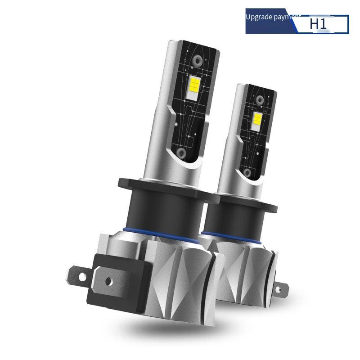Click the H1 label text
(x=318, y=24)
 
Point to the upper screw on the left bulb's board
(x=197, y=59)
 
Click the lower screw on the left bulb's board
(x=182, y=153)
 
